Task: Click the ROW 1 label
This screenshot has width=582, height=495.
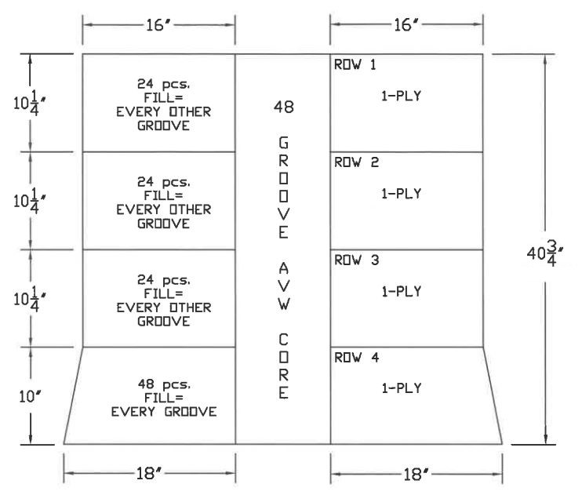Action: [355, 64]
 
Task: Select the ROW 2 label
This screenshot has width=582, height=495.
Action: [356, 162]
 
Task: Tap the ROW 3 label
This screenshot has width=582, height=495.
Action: [356, 260]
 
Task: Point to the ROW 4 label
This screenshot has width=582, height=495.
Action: [356, 358]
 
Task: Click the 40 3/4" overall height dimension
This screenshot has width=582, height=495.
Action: [545, 253]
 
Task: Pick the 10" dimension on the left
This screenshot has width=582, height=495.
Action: [29, 397]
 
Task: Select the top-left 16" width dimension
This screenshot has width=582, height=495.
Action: [159, 25]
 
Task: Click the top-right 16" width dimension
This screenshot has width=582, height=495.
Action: [407, 25]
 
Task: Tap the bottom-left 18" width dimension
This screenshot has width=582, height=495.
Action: [149, 474]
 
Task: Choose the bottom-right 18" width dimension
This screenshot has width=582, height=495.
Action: [416, 474]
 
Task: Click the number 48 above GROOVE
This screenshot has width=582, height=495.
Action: [284, 107]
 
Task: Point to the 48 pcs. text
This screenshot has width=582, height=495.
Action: [164, 384]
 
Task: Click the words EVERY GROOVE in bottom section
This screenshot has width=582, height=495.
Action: [164, 412]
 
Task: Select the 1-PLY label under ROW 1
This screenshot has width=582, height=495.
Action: [402, 96]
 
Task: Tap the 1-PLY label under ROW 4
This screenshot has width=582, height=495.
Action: [402, 388]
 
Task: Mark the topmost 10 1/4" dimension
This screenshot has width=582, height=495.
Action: [29, 104]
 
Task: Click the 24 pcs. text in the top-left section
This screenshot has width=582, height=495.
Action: [163, 84]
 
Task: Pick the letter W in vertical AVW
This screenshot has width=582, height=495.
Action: [284, 304]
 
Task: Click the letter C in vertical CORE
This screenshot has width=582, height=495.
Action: [284, 340]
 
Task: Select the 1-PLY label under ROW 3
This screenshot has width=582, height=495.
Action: [402, 292]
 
